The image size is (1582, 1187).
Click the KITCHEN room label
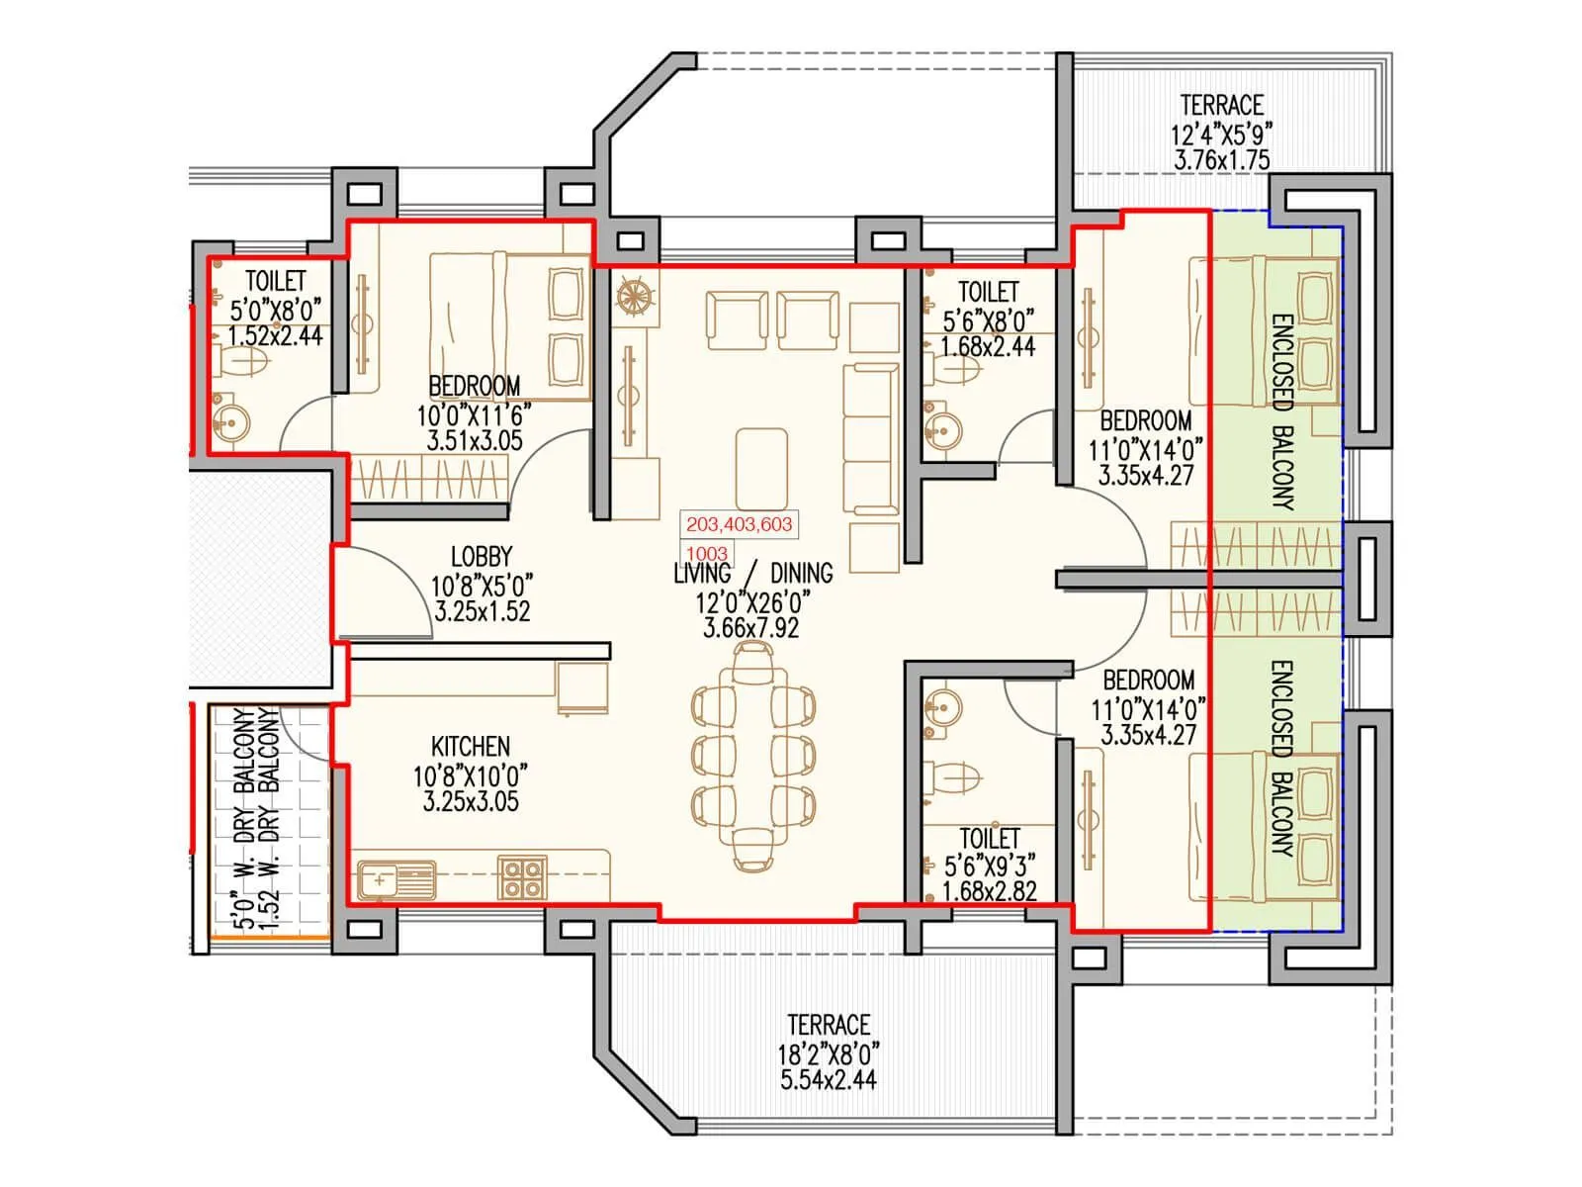[x=470, y=746]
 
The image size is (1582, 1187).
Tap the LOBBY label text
[x=482, y=557]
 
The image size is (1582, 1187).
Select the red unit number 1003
[x=706, y=554]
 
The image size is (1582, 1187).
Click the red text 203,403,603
[x=739, y=524]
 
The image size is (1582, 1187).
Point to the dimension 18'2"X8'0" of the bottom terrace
[x=828, y=1051]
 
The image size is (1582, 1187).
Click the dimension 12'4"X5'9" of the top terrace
[x=1221, y=133]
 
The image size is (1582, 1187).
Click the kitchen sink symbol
[x=396, y=879]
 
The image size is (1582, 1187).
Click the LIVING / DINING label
[x=752, y=573]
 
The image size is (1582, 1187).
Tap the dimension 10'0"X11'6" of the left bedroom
[x=474, y=413]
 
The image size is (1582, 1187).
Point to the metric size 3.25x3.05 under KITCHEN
[x=471, y=802]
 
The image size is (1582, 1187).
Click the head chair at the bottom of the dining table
[x=753, y=849]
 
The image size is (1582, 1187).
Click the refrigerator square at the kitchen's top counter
[x=582, y=687]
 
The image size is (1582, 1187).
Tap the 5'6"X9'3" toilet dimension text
[x=990, y=866]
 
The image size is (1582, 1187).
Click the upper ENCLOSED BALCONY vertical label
[x=1281, y=411]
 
